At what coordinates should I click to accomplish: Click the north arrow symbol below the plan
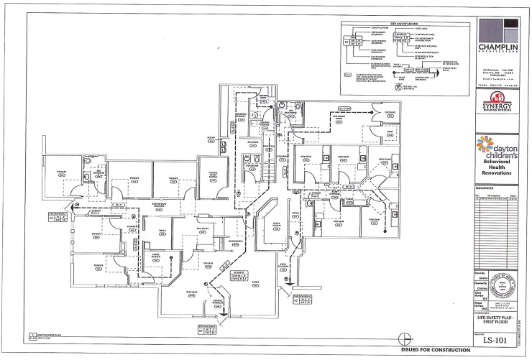point(407,338)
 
